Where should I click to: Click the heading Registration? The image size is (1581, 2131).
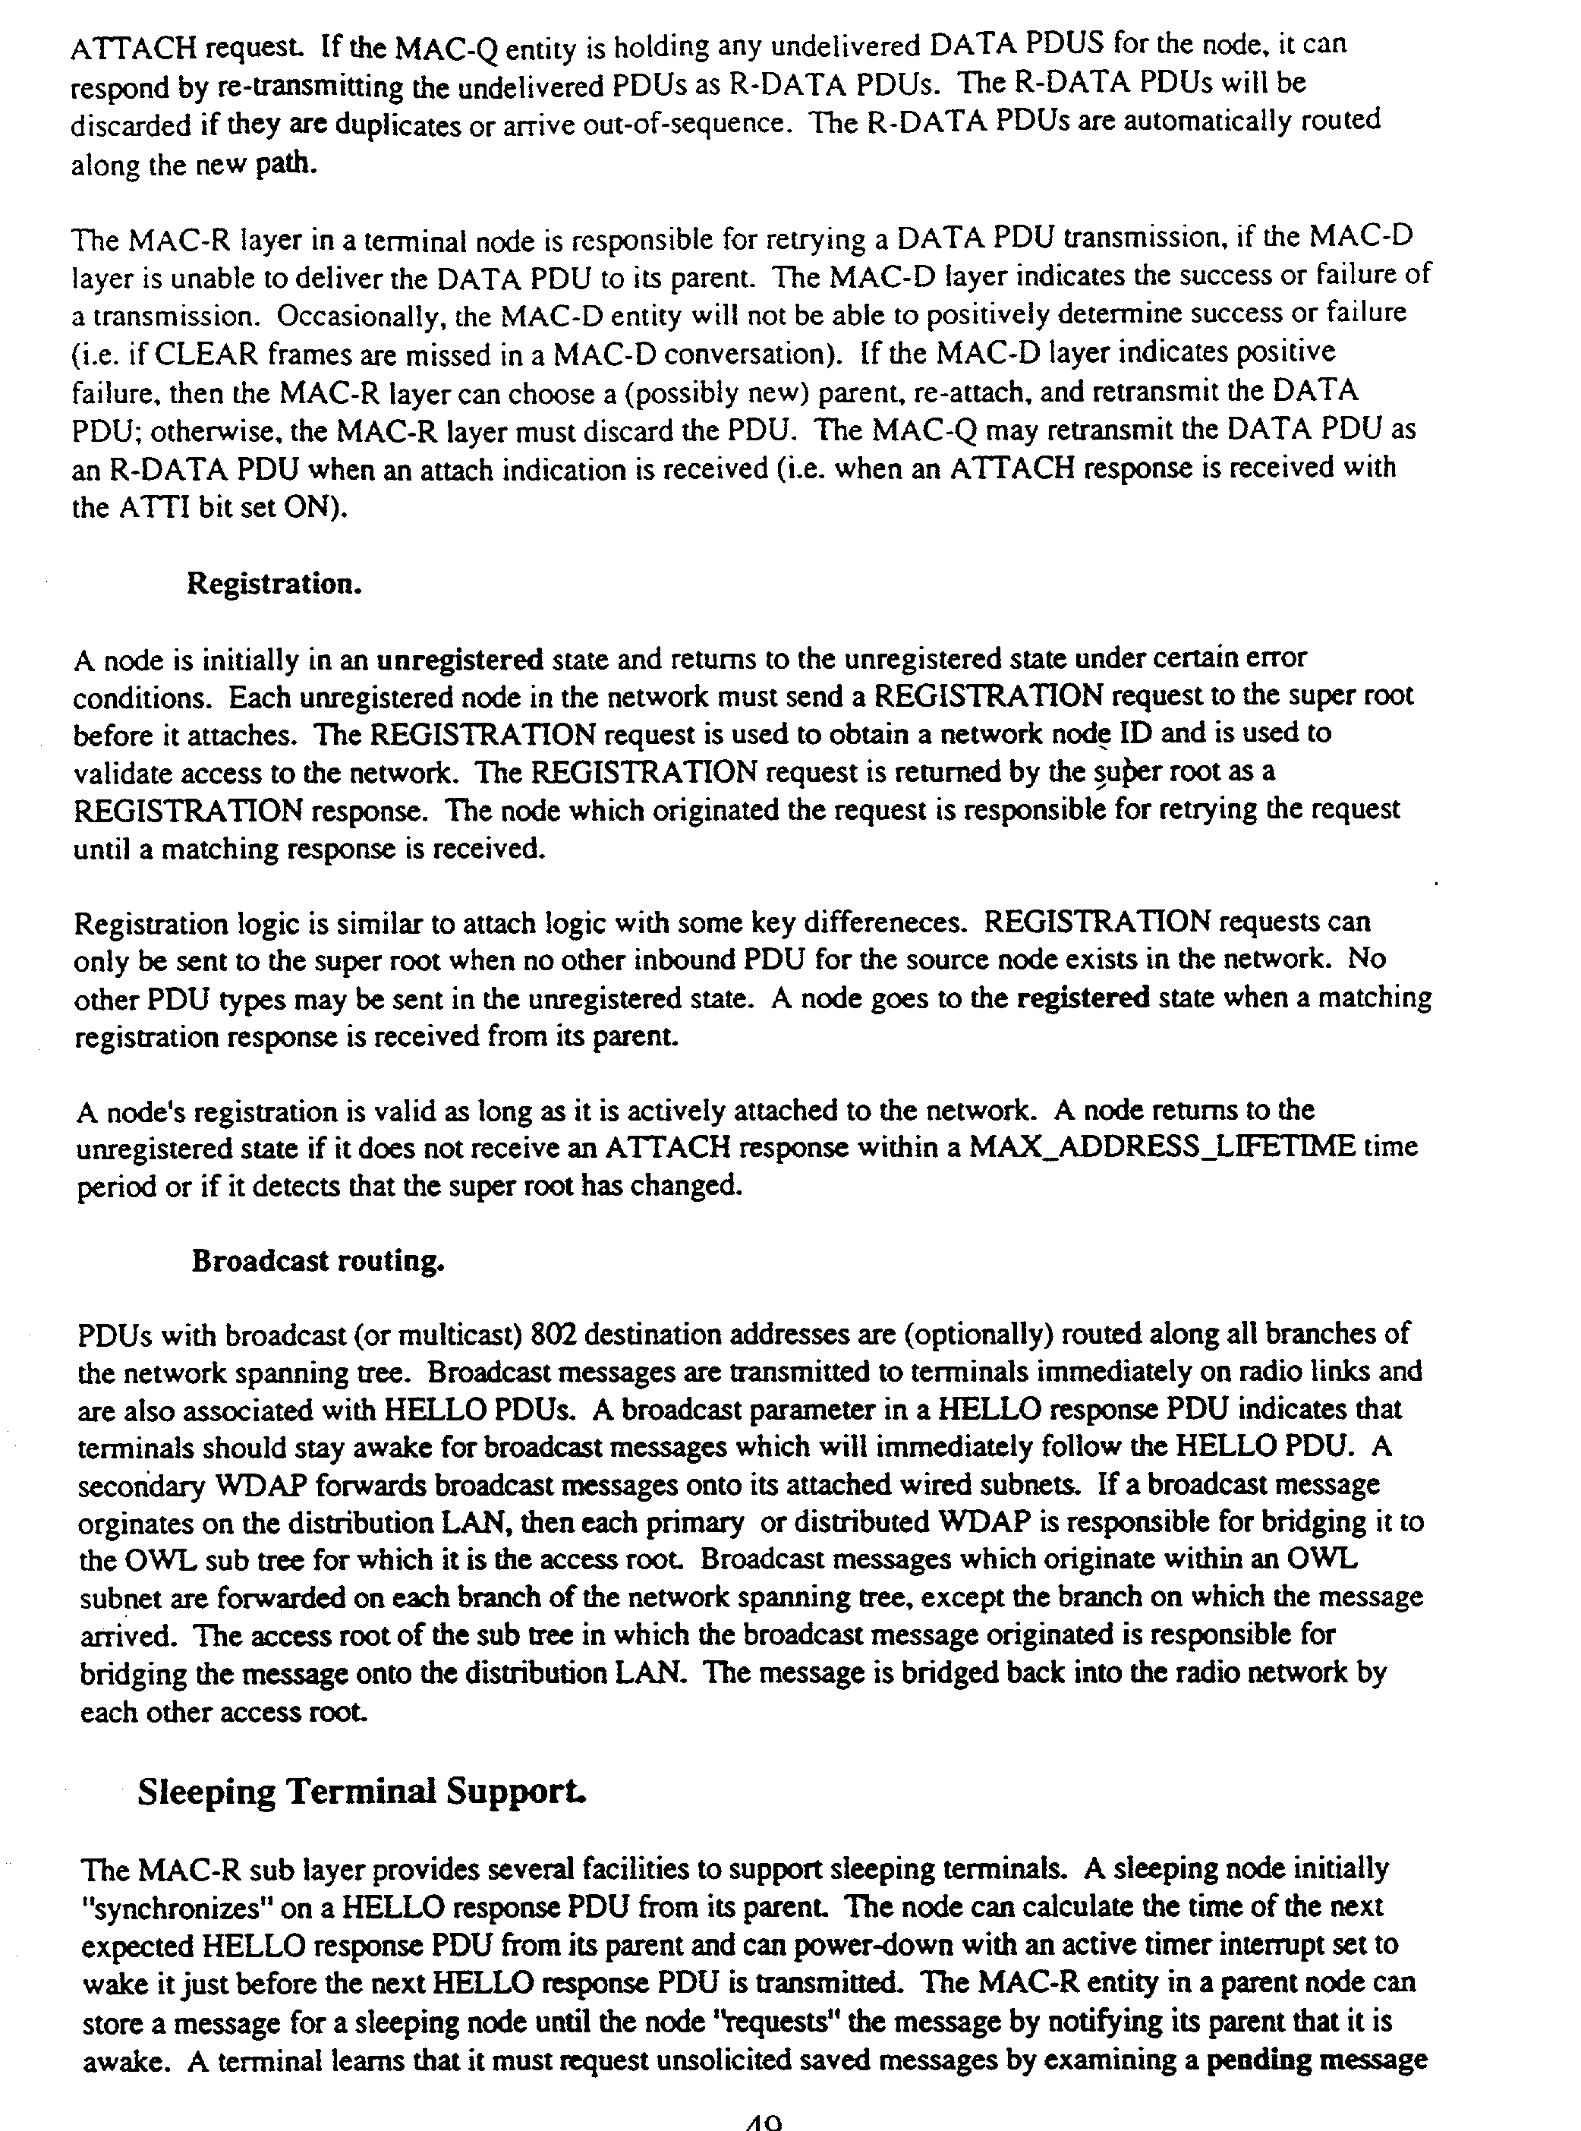(x=274, y=583)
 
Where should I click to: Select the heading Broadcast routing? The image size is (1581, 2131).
(x=319, y=1261)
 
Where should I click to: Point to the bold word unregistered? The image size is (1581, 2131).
(x=459, y=660)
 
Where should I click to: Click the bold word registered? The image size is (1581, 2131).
(x=1082, y=998)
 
